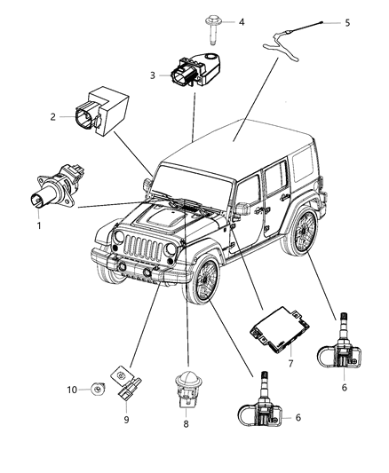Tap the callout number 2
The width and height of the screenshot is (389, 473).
click(53, 116)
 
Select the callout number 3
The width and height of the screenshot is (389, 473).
click(152, 76)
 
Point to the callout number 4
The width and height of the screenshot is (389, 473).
click(241, 21)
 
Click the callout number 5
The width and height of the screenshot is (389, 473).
click(347, 23)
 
